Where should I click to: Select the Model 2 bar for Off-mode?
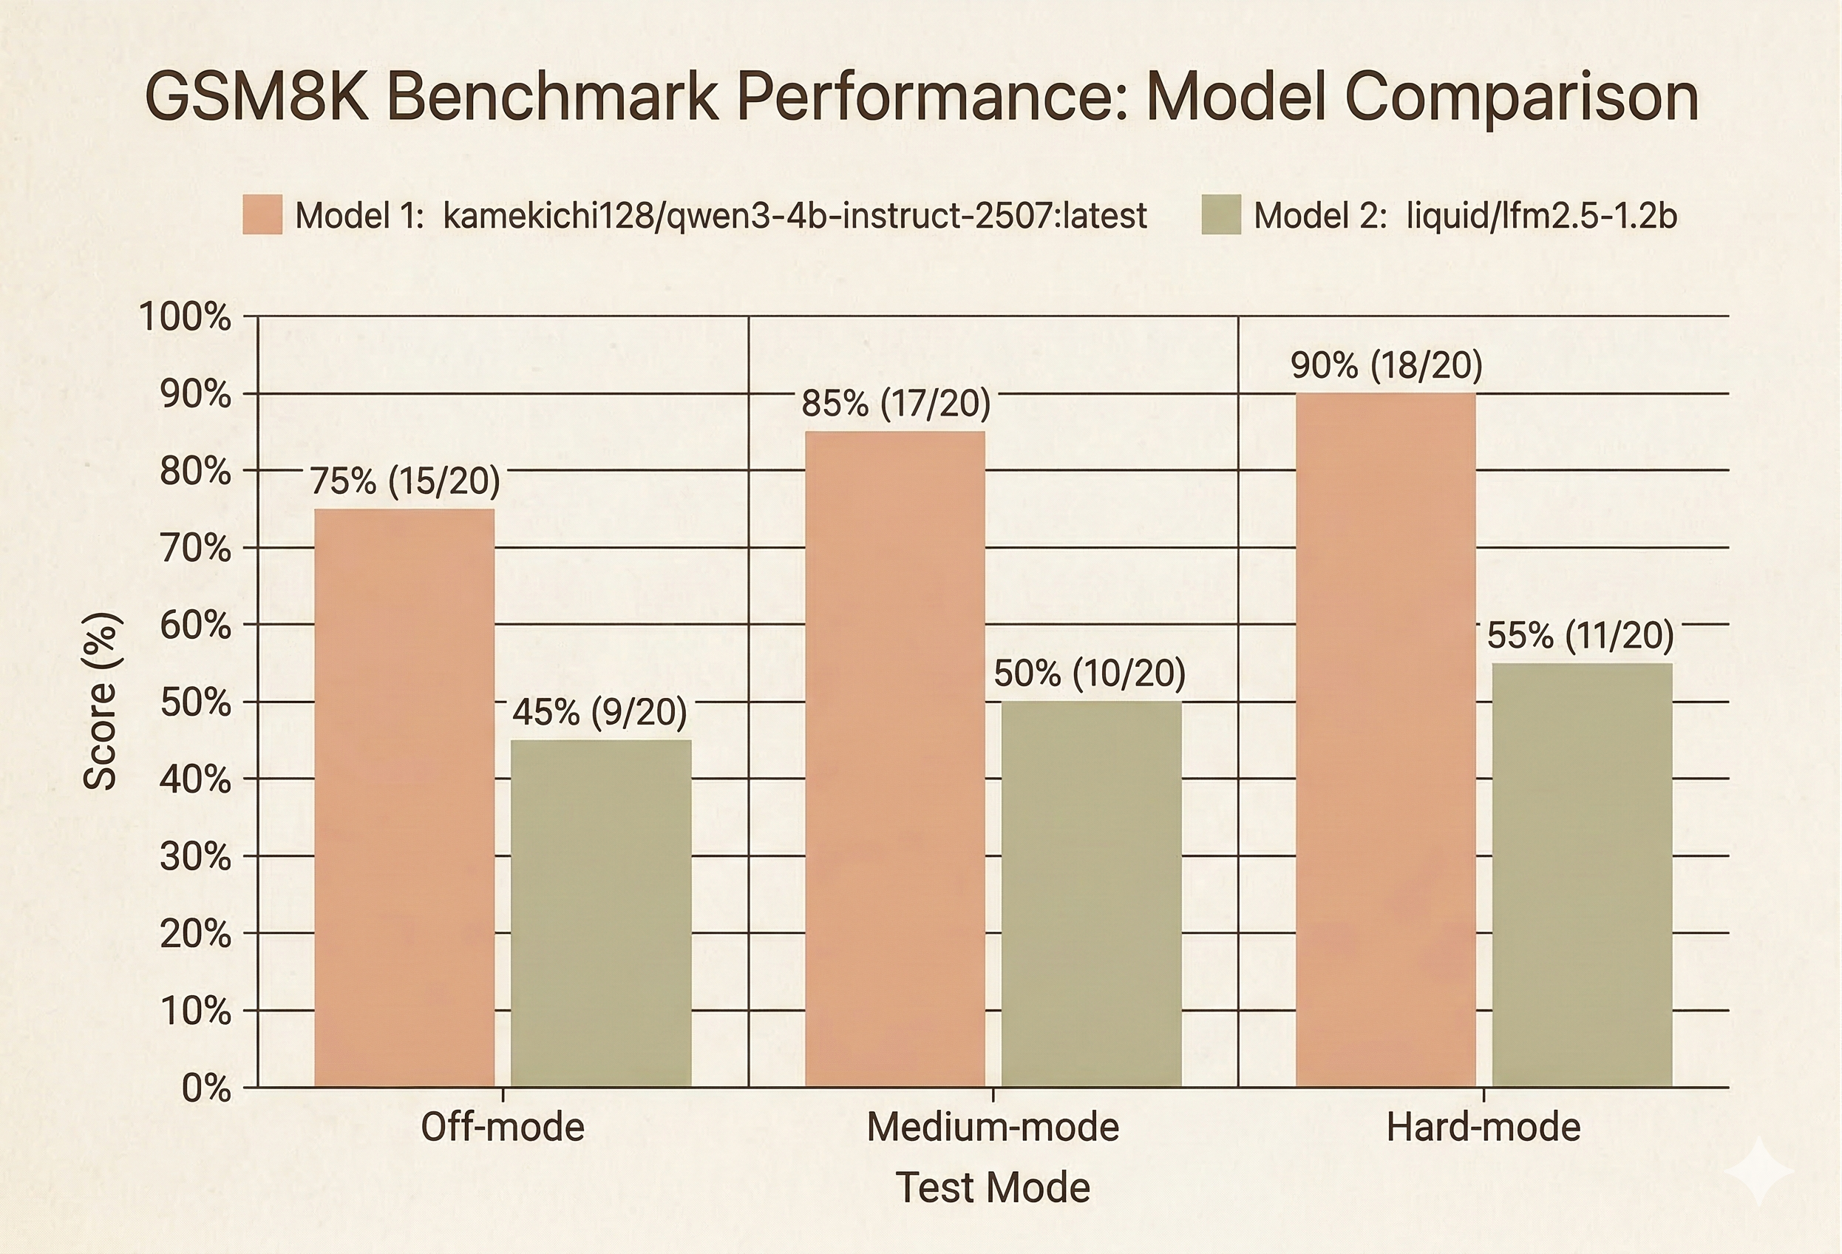(601, 912)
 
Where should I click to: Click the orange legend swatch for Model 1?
(262, 215)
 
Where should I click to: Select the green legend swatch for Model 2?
(1220, 215)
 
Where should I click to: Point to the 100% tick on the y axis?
(186, 317)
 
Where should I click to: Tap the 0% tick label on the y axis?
(206, 1089)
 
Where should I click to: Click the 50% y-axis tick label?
(195, 703)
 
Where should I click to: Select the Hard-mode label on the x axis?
(1483, 1127)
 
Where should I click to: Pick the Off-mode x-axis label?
(503, 1127)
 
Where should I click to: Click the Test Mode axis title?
(993, 1187)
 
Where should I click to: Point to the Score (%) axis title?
(101, 702)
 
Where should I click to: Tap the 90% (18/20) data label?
(1386, 365)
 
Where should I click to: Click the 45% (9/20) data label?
(599, 712)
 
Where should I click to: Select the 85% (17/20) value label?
(896, 404)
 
